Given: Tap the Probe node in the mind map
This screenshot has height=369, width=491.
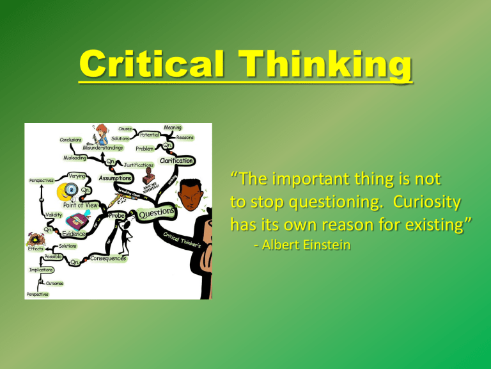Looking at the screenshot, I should click(117, 217).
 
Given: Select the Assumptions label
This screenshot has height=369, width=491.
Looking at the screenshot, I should click(116, 177).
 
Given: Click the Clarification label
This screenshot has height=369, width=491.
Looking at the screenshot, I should click(176, 161).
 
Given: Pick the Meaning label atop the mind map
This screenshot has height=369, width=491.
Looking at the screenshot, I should click(173, 127).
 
